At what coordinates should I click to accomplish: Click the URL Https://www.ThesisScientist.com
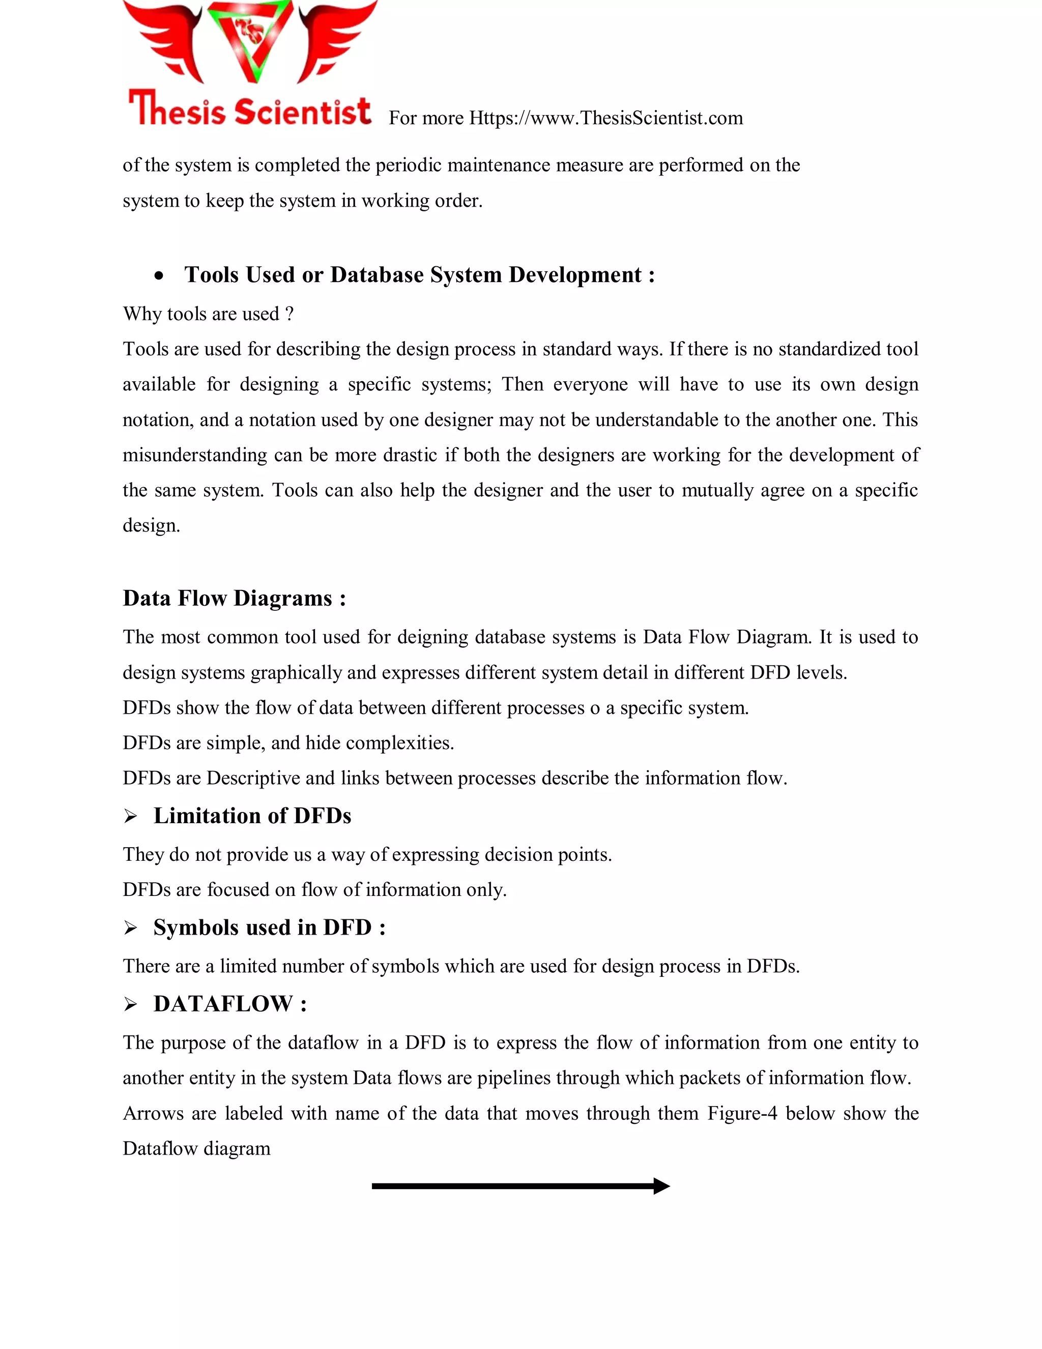tap(605, 118)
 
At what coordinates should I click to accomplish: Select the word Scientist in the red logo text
tap(303, 112)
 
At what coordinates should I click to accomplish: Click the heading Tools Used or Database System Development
tap(419, 275)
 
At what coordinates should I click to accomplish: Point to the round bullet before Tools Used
tap(159, 276)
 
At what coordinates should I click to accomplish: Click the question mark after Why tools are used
tap(290, 314)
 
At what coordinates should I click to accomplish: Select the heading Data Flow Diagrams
tap(234, 598)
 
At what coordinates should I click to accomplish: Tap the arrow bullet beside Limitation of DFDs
tap(130, 817)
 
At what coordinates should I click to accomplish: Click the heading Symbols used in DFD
tap(269, 927)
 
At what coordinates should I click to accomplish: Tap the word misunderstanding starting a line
tap(194, 455)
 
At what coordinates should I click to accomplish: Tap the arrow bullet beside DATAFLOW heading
tap(130, 1004)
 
